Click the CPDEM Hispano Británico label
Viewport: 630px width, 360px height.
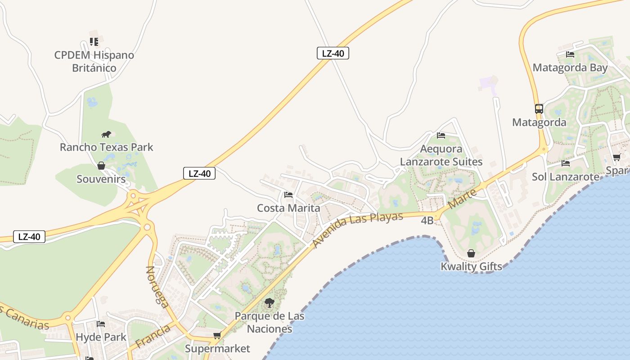(x=94, y=62)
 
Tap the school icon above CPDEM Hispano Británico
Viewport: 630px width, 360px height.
(x=94, y=42)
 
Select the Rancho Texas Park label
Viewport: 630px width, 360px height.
(x=107, y=147)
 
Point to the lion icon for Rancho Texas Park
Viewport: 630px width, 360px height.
(x=106, y=134)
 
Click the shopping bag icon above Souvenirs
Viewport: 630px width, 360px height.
(x=101, y=166)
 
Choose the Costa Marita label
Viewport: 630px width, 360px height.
(x=288, y=208)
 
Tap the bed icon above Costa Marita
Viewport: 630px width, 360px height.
(x=288, y=195)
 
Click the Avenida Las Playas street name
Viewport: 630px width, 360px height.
(x=358, y=229)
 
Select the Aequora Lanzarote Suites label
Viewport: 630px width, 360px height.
(x=441, y=155)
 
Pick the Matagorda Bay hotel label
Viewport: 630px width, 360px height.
(x=570, y=67)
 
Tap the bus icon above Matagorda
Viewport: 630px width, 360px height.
(x=539, y=108)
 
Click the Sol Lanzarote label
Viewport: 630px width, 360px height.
(x=566, y=176)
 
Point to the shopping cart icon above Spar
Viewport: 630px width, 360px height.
(x=616, y=157)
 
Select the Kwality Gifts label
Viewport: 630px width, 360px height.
(x=471, y=266)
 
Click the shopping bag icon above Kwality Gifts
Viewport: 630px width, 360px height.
(x=471, y=253)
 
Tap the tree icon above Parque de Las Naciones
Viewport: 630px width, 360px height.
(x=269, y=303)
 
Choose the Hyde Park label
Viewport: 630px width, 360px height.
(x=101, y=337)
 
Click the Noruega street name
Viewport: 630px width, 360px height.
(x=157, y=287)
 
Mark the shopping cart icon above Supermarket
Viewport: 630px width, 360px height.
(x=217, y=335)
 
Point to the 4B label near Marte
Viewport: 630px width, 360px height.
(x=427, y=220)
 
